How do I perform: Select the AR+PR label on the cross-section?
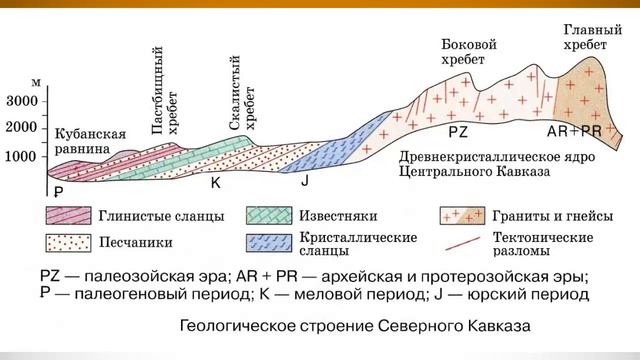[574, 132]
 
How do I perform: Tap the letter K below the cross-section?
[215, 183]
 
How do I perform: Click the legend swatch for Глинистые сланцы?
[67, 216]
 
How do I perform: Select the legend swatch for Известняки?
[265, 216]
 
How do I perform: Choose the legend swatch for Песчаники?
[67, 242]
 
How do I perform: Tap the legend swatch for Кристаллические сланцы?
[265, 242]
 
